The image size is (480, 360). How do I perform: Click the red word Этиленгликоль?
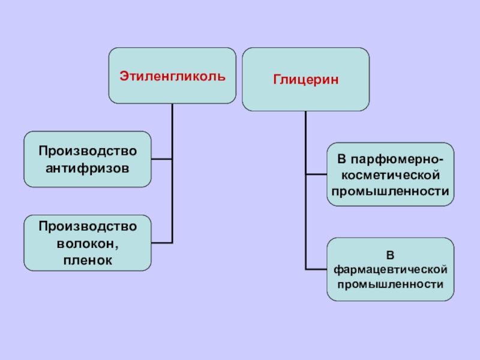[x=172, y=76]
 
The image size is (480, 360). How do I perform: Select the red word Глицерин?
[x=306, y=79]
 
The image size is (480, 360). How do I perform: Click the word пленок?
[x=88, y=260]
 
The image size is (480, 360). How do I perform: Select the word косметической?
[x=391, y=175]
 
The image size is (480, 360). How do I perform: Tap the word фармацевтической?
[x=391, y=268]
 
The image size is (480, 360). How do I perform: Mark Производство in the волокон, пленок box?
[x=88, y=227]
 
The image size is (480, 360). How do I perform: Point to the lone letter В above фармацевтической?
[x=391, y=253]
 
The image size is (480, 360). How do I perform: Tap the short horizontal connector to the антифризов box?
[x=161, y=159]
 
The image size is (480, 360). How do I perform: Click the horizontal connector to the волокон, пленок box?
[x=161, y=242]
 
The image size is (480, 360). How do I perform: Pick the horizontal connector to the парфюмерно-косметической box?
[x=316, y=175]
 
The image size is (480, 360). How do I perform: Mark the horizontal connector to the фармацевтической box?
[x=316, y=268]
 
